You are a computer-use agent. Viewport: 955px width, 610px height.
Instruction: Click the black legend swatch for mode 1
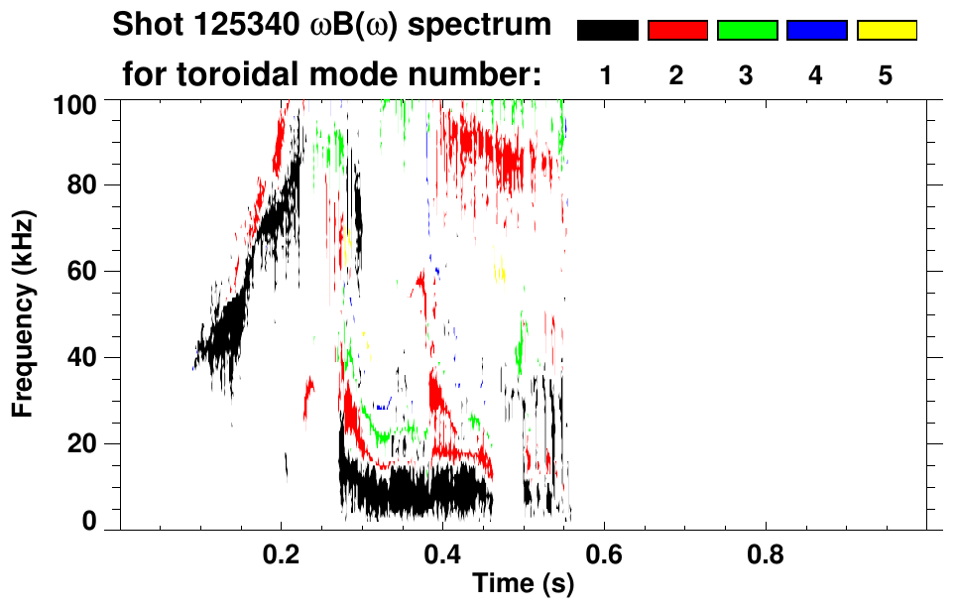point(607,31)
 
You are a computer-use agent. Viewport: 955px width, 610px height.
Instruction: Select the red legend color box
point(677,31)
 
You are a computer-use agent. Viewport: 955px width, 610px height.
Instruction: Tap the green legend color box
point(747,31)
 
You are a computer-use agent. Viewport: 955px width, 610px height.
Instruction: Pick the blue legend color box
point(816,31)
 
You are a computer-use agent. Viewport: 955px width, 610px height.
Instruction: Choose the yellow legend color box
point(886,31)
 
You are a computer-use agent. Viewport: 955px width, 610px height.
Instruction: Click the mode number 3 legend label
point(747,75)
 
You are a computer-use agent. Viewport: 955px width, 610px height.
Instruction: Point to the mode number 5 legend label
point(886,75)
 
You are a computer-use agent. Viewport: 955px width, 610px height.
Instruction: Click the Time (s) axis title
point(523,584)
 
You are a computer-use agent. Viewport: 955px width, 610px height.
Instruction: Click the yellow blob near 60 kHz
point(500,269)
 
